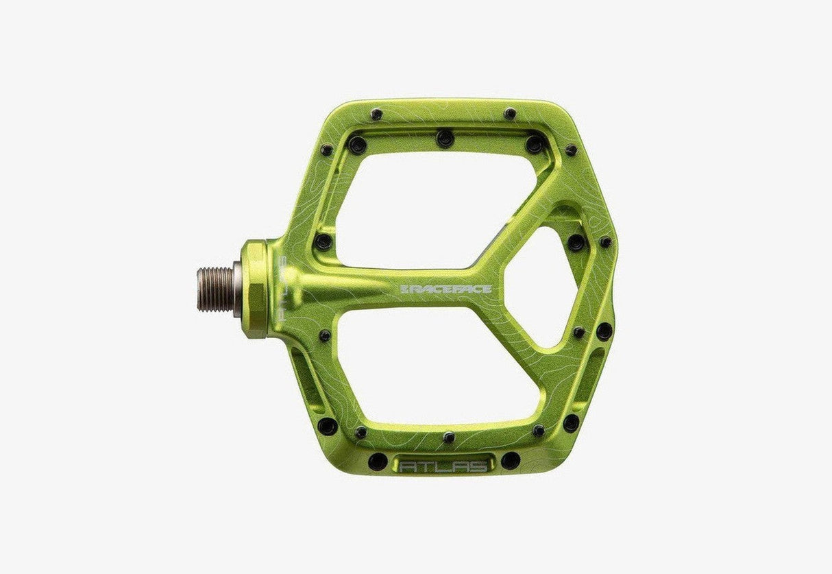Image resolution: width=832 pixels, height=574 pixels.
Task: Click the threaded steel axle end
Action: point(216,288)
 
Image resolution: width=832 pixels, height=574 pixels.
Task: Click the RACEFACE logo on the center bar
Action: point(445,289)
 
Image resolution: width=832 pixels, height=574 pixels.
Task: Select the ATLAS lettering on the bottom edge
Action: point(444,466)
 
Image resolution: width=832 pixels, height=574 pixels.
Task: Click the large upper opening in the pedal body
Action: point(432,206)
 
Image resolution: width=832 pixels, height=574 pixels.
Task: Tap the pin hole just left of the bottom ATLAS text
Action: point(378,461)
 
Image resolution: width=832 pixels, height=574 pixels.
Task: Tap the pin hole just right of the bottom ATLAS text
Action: point(510,461)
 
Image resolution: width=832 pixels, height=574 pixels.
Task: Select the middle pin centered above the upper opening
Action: point(445,139)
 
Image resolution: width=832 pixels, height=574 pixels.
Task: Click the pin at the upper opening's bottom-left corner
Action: point(323,241)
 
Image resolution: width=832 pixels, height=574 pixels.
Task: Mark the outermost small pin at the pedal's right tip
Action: point(605,241)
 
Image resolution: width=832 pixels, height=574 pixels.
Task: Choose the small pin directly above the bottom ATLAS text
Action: point(449,436)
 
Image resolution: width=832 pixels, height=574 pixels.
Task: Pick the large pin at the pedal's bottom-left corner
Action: point(328,426)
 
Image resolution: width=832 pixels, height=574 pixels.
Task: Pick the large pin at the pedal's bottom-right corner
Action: point(571,422)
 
